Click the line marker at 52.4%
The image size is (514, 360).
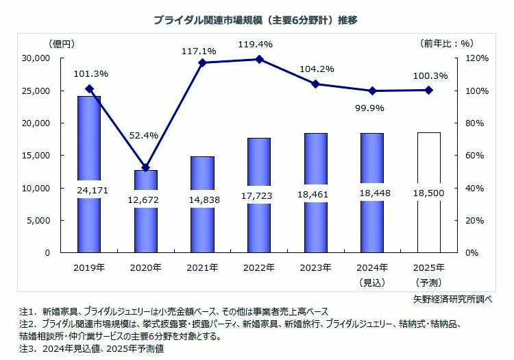point(145,167)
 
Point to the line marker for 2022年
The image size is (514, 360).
point(259,59)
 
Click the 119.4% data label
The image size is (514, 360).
point(258,44)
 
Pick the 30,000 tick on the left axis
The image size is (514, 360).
point(36,58)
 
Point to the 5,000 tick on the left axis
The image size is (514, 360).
point(38,220)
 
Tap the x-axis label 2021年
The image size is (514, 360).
point(202,267)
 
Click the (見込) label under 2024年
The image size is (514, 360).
point(373,282)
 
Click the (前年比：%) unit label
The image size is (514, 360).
point(447,43)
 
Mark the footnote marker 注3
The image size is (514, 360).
point(27,348)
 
